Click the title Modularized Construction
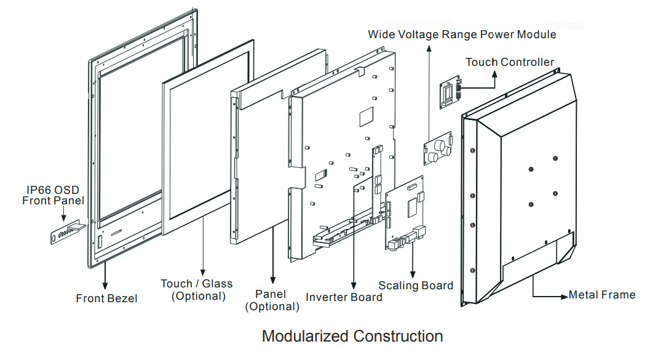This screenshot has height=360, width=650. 352,337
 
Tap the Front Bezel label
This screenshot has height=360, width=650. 106,298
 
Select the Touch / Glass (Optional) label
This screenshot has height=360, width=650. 197,290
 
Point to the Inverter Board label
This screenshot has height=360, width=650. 344,297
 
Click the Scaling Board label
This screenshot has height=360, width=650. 416,286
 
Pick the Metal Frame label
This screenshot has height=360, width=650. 601,295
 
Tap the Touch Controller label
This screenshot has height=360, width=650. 509,62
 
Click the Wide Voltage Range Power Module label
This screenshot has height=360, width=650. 462,34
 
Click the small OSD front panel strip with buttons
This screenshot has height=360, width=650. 67,233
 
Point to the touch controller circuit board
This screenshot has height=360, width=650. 450,94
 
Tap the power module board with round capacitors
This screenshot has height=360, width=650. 437,148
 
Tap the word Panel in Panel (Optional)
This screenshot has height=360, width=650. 272,294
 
